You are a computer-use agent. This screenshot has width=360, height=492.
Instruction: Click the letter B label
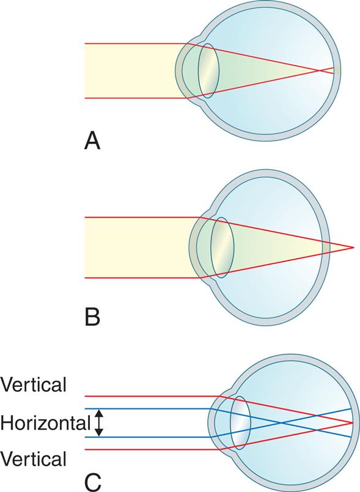tap(92, 317)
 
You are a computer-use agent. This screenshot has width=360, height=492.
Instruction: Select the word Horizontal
tap(44, 422)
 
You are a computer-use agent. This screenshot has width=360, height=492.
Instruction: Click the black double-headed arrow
tap(101, 423)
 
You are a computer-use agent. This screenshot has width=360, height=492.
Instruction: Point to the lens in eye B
tap(222, 248)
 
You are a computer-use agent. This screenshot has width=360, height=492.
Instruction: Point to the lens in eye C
tap(240, 422)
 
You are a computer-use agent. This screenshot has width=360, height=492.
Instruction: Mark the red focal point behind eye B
tap(353, 248)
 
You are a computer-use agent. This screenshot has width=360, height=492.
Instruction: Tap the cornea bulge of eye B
tap(196, 248)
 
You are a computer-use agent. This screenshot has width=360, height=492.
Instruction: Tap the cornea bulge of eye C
tap(213, 422)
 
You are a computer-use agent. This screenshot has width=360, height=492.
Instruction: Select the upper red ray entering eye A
tap(134, 44)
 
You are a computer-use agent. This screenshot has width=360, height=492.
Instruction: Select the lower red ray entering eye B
tap(141, 278)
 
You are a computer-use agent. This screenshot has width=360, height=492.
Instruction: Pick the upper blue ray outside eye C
tap(153, 408)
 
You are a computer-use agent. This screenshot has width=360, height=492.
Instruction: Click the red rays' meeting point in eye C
tap(351, 422)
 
